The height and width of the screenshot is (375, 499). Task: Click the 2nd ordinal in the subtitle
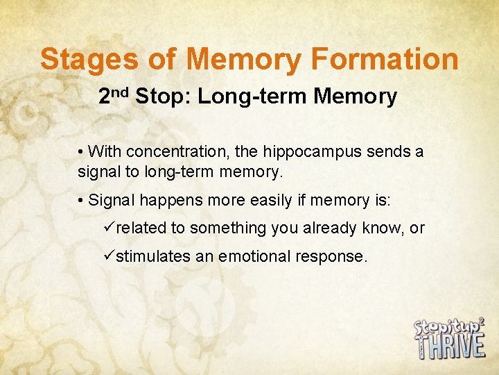(x=114, y=96)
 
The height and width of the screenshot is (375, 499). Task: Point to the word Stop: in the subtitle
(x=164, y=97)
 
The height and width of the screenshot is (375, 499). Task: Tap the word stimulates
(x=153, y=256)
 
